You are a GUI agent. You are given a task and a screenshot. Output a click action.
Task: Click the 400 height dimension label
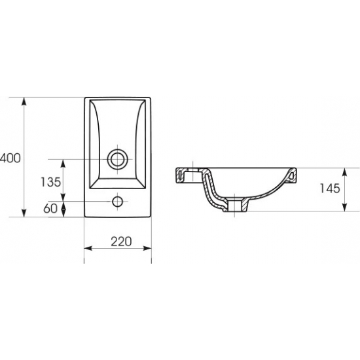10,158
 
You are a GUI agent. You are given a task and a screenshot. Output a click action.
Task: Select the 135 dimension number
51,182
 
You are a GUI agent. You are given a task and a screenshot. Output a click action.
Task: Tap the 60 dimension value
50,208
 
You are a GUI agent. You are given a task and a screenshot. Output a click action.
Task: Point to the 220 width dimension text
121,242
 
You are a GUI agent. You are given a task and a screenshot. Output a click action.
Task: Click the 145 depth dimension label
330,189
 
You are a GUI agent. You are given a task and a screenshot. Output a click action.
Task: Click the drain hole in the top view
118,159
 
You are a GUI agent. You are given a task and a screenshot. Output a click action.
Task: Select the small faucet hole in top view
118,202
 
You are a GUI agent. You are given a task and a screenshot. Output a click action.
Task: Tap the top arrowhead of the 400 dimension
24,101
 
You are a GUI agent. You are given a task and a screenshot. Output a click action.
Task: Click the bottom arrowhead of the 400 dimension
24,213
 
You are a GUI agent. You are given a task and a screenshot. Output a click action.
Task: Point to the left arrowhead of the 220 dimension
88,248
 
